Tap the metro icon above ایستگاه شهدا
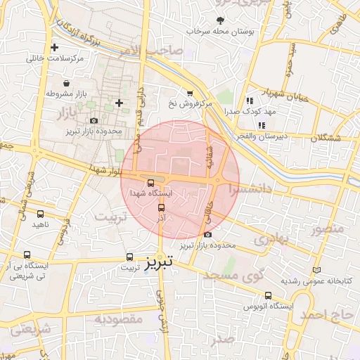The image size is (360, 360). tap(150, 182)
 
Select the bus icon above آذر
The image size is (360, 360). tap(161, 207)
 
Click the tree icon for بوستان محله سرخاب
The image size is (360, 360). tap(221, 21)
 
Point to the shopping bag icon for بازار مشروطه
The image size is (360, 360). tap(66, 83)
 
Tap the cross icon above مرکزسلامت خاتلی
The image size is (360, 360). tap(55, 48)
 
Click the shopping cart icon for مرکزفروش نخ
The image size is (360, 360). tap(189, 93)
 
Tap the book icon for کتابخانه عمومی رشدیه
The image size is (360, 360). tap(316, 270)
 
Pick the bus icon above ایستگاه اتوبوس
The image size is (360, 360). tap(268, 296)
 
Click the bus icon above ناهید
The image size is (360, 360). tap(40, 214)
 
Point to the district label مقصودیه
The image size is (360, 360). tap(119, 320)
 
